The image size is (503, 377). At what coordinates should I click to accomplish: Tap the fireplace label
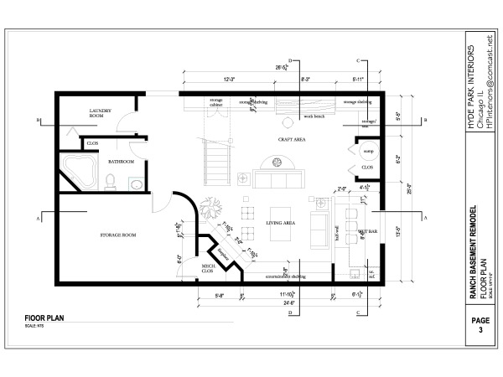(222, 254)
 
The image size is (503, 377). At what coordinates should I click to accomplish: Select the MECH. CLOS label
(210, 269)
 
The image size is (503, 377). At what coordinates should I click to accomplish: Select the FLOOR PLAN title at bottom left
(45, 318)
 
